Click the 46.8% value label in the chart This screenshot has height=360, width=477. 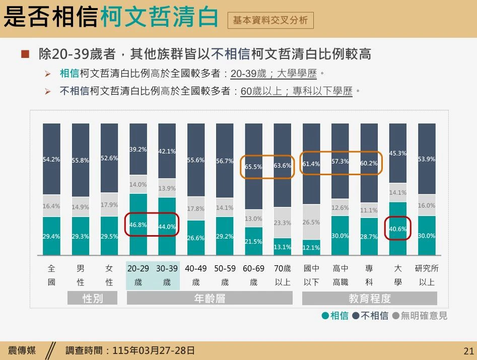138,225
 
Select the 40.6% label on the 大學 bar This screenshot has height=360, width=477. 398,229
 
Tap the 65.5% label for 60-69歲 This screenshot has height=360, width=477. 253,167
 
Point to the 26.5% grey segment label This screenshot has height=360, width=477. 311,222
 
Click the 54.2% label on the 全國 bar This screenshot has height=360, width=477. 51,159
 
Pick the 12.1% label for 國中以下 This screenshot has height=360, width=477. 311,247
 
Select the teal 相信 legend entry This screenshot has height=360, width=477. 335,316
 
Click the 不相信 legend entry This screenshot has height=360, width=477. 371,316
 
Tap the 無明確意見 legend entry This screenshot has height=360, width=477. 420,316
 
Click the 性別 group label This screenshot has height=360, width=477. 93,298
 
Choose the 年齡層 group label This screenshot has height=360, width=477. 210,298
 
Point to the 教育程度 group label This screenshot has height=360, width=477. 370,298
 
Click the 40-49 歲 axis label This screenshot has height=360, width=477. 196,275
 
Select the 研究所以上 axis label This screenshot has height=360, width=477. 427,275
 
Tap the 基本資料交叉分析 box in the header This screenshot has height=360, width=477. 270,20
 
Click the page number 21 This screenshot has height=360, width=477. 468,350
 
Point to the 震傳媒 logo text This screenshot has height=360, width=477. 22,350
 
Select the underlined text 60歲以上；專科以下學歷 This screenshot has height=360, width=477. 297,91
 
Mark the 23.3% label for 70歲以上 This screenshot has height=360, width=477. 283,223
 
